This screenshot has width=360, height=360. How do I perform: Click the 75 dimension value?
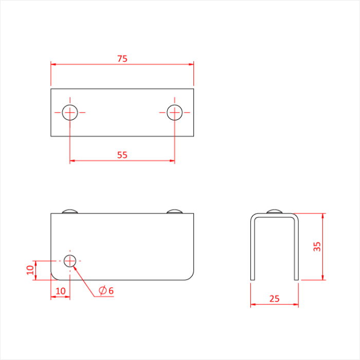click(122, 59)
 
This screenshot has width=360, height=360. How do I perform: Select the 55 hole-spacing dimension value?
click(122, 154)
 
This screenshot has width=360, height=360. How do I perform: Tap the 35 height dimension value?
click(317, 246)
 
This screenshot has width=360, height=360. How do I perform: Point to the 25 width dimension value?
click(274, 299)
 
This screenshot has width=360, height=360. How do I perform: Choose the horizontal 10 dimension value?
click(60, 291)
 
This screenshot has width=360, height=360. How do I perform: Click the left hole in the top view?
click(70, 112)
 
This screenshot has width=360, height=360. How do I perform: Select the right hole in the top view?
click(174, 112)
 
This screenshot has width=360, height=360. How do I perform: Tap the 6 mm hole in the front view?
click(70, 260)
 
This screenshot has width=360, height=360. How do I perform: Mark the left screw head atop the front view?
click(70, 210)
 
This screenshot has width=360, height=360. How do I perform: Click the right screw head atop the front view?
click(174, 210)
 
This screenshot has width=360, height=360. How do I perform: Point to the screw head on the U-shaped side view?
click(275, 210)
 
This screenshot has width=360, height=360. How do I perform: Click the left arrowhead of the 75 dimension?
click(53, 64)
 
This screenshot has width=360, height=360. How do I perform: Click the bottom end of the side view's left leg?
click(252, 279)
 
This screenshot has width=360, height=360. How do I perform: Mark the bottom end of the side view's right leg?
click(297, 279)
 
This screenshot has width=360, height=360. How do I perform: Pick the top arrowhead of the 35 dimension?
click(322, 215)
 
